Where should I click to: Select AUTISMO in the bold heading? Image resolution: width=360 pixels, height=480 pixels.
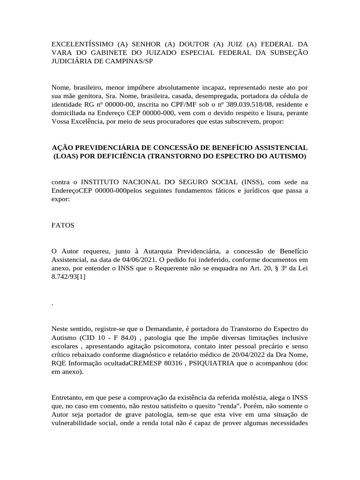[288, 156]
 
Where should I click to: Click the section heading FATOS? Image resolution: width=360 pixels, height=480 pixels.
[63, 225]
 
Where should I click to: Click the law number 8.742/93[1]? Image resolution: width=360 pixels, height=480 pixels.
[68, 277]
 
